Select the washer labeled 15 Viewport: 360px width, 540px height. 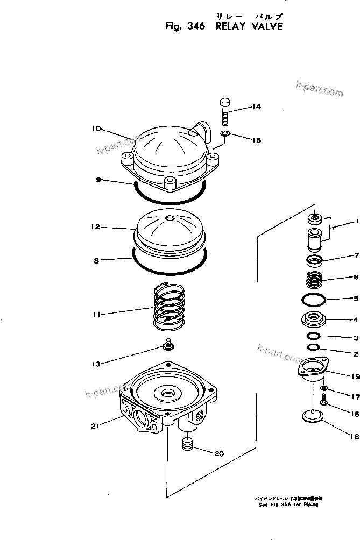pos(225,134)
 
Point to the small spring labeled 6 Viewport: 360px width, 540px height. pos(314,280)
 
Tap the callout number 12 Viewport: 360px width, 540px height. pos(95,228)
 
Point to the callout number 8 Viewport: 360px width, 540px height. pos(96,260)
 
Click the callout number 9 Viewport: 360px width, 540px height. pos(98,181)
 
